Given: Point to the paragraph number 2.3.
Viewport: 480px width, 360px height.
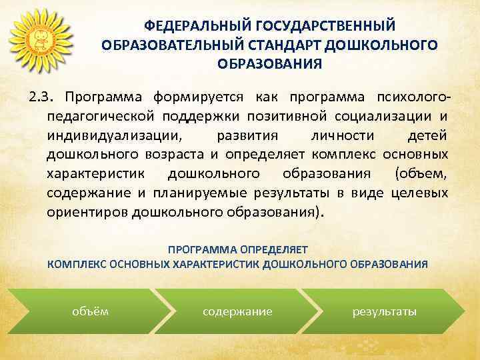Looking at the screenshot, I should (x=41, y=99).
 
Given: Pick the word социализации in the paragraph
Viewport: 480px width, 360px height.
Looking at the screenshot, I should (x=386, y=117).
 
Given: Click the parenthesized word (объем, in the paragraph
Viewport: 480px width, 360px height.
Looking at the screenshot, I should (x=421, y=175).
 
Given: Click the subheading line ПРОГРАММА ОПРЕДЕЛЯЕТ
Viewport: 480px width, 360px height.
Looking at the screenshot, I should (x=238, y=249).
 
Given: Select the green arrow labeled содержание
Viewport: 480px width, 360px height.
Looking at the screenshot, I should (x=238, y=311).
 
